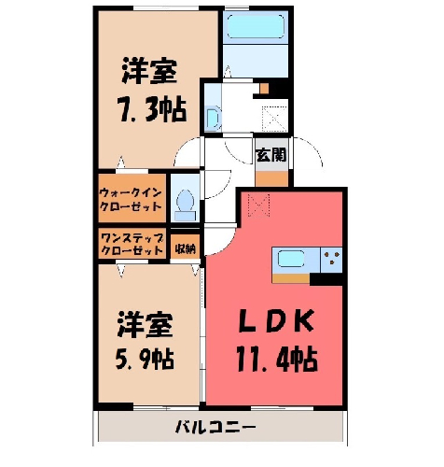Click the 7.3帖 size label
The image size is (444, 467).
151,110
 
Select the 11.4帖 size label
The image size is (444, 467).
277,360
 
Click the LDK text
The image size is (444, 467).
276,321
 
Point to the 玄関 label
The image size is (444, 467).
271,154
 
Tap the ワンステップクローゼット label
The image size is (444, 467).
132,244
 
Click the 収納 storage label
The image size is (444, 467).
185,248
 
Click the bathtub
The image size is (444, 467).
256,27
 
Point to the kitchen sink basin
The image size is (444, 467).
290,259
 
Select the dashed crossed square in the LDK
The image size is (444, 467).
258,205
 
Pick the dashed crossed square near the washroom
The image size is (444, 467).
274,119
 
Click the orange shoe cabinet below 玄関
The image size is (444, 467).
271,178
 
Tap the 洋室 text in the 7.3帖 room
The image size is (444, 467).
149,71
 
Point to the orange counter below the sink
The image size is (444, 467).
291,278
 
